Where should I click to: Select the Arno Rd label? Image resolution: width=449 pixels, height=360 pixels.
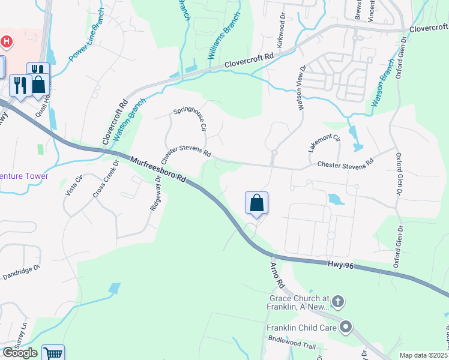click(x=276, y=274)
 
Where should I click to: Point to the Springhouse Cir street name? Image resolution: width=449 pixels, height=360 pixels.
click(x=190, y=119)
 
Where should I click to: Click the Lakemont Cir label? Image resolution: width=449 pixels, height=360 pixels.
click(x=324, y=144)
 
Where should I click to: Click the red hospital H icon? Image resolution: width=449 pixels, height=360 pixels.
click(x=7, y=42)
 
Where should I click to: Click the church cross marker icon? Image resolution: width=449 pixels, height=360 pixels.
click(x=338, y=301)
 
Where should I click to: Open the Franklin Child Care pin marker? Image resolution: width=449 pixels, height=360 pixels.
click(x=346, y=327)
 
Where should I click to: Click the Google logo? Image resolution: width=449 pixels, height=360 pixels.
click(x=20, y=353)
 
